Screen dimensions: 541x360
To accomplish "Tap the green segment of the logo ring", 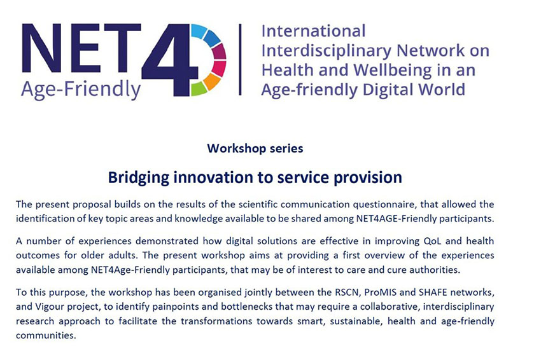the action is (x=198, y=89).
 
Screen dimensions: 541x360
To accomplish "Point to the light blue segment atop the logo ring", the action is (x=198, y=31).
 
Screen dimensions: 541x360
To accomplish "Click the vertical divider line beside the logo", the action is (x=240, y=59).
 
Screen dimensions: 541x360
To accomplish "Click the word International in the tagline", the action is (x=313, y=31).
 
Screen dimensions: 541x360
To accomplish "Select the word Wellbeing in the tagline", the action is (x=392, y=71).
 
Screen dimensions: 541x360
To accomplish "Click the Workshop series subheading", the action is (x=255, y=148).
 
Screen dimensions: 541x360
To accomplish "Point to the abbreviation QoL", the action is (x=432, y=240).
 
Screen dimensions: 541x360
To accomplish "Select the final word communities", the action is (x=46, y=336).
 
